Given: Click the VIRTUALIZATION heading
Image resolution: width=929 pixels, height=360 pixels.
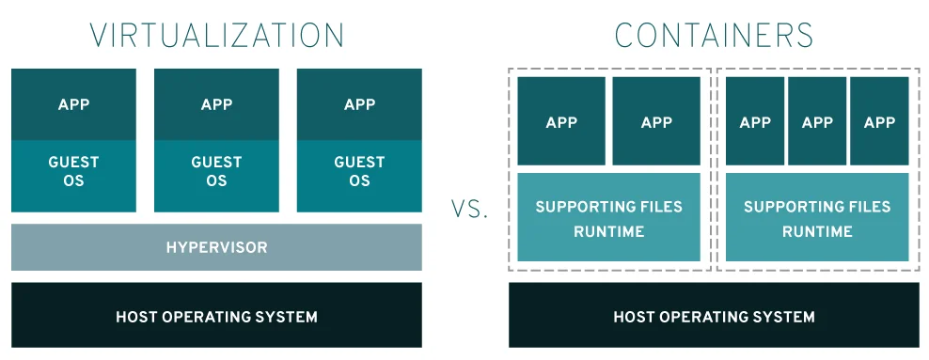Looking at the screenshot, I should click(216, 35).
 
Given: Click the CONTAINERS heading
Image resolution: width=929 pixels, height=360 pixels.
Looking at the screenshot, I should click(714, 35).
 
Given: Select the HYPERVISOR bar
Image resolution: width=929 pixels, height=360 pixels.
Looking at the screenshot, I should click(216, 248).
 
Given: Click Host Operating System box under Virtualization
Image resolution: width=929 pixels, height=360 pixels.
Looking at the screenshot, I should click(216, 316).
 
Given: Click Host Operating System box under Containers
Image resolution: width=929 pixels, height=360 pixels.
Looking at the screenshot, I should click(714, 316).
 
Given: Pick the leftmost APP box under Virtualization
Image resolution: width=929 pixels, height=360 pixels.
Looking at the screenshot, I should click(73, 104).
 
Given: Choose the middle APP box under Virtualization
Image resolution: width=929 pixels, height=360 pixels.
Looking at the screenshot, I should click(216, 104).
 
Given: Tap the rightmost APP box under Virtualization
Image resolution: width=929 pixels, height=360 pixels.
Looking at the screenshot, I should click(359, 104).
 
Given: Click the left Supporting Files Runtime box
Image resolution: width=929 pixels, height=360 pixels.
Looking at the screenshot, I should click(608, 217).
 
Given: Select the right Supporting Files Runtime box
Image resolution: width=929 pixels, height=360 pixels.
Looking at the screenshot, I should click(817, 217).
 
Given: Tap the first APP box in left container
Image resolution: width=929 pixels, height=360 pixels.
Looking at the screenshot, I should click(561, 121).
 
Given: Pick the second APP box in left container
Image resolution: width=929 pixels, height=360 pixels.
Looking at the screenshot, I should click(656, 121).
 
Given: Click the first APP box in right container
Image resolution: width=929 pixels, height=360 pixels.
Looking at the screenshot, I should click(755, 121).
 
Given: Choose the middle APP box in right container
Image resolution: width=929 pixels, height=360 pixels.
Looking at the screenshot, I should click(817, 121).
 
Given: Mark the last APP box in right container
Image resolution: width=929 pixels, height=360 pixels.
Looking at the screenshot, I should click(879, 121).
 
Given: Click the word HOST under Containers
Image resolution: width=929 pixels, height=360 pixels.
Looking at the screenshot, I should click(636, 317).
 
